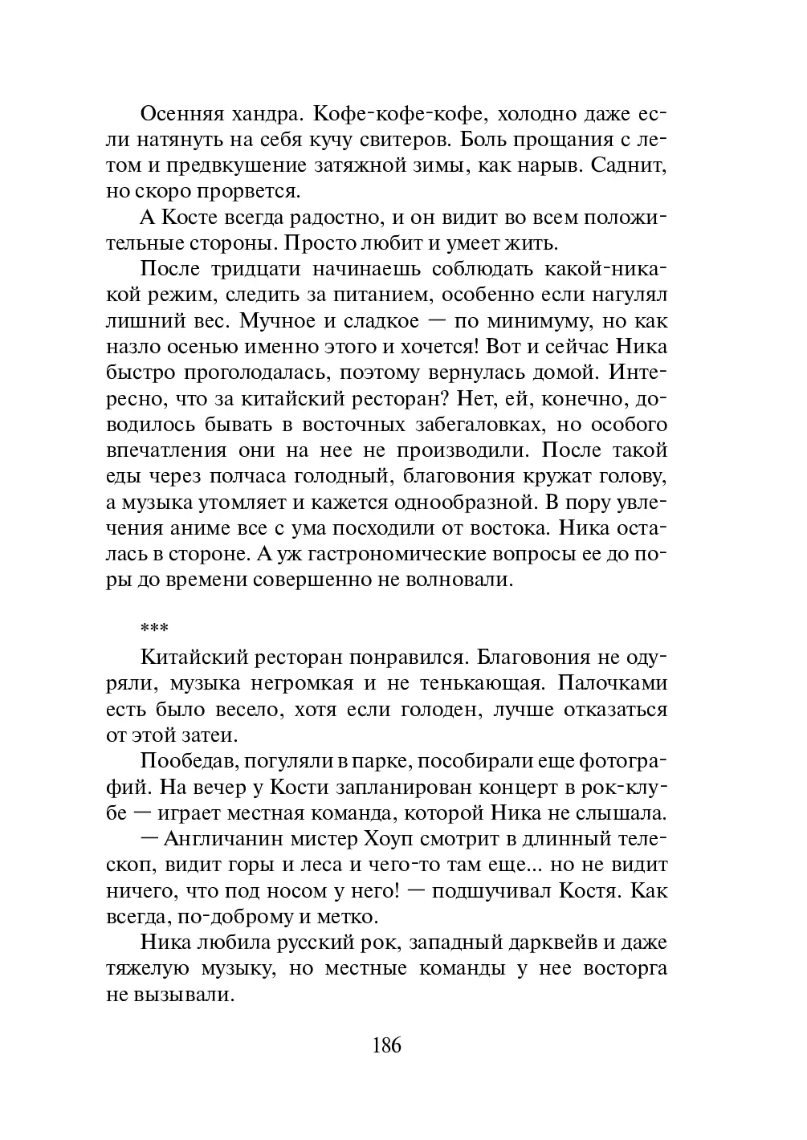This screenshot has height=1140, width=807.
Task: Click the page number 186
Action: coord(386,1045)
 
